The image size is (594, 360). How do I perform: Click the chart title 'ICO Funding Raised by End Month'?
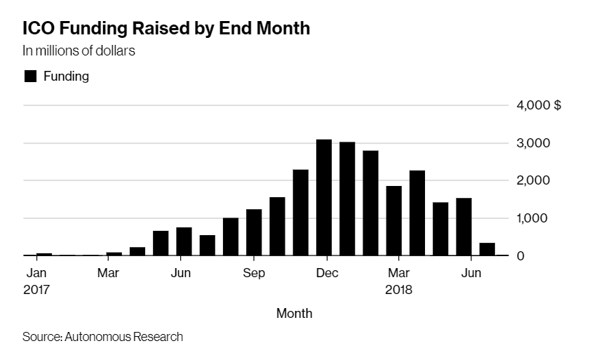166,29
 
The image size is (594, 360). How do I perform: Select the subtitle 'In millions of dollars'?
79,51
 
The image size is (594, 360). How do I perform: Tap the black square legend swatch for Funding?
30,76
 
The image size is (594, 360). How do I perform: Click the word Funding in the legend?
67,76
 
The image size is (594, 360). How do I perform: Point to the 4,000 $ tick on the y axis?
539,106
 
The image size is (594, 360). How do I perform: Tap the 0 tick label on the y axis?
520,256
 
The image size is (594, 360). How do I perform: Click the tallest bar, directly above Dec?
324,197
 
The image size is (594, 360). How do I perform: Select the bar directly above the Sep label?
254,232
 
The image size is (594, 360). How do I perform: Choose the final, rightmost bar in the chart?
487,249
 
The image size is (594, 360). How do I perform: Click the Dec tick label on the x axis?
327,273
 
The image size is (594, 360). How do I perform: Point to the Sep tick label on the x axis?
254,273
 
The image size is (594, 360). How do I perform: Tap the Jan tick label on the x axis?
36,273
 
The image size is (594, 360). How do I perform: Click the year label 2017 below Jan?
37,289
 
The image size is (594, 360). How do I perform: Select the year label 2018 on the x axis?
399,289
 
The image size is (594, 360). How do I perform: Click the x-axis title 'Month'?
294,313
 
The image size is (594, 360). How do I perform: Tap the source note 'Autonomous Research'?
123,337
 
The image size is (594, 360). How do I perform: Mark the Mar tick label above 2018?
399,273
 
